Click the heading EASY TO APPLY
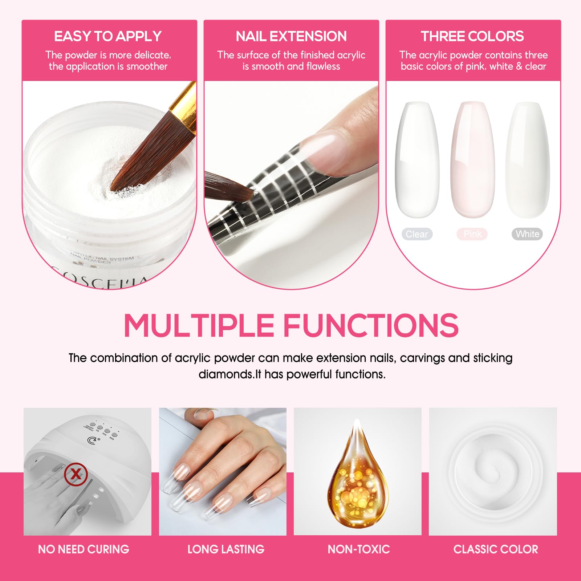pos(108,36)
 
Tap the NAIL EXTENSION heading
pos(291,36)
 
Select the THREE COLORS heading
pos(472,36)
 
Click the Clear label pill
pos(417,234)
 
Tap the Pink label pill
pos(472,234)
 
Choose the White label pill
pos(527,234)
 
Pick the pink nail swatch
pos(472,160)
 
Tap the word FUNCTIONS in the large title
pos(370,325)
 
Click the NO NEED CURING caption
pos(84,549)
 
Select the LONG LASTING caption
pos(226,549)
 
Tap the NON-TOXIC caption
pos(359,549)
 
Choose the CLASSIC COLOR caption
pos(496,549)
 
